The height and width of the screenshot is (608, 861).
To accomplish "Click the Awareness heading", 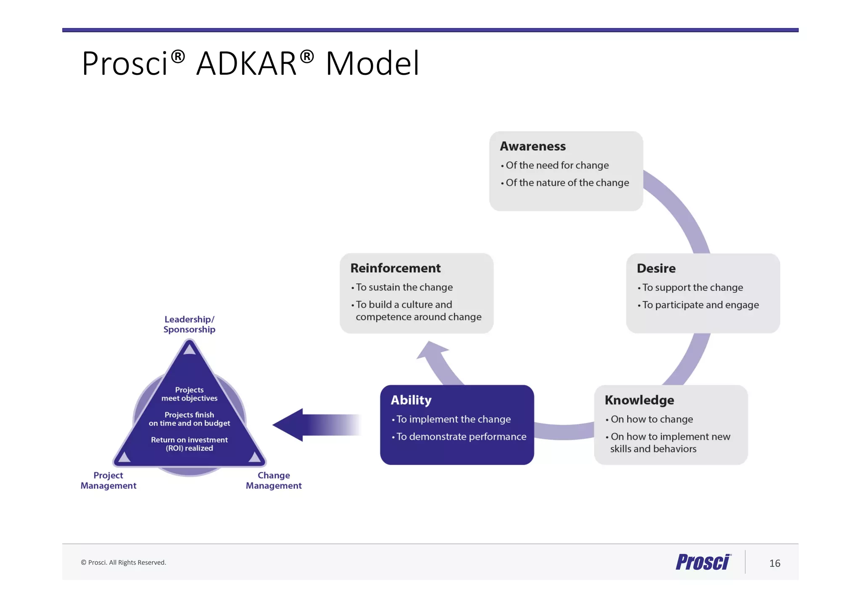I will tap(532, 146).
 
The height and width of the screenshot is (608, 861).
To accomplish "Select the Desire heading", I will tap(656, 268).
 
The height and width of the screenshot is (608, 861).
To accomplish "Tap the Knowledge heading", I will tap(639, 400).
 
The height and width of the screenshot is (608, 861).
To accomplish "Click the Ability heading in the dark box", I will tap(411, 400).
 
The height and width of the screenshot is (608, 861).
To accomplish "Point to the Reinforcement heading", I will tap(395, 268).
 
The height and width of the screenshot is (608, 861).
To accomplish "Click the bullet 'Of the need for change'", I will tap(557, 166).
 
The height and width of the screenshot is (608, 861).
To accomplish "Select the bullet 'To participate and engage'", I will tap(700, 305).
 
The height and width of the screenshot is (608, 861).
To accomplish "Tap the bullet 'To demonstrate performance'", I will tap(461, 437).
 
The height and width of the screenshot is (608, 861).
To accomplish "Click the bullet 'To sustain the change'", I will tap(404, 287).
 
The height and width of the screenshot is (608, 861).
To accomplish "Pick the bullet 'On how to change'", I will tap(651, 419).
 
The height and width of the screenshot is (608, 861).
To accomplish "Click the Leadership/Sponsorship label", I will tap(189, 324).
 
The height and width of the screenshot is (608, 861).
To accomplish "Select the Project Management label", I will tap(108, 480).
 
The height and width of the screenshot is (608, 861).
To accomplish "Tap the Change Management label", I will tap(274, 480).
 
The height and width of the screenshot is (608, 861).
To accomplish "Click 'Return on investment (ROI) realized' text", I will tap(189, 444).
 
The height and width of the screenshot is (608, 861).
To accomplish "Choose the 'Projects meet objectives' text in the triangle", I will tap(189, 394).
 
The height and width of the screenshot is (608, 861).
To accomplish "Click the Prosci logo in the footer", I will tap(703, 562).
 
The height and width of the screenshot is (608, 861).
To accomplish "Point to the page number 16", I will tap(774, 563).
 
